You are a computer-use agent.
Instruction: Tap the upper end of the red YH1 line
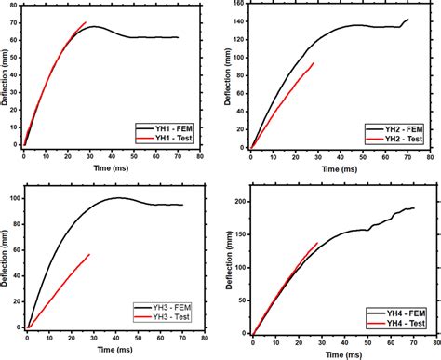86,22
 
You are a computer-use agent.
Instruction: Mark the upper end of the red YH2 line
314,63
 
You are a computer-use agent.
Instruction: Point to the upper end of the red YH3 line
89,254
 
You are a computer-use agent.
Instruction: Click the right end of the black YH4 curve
414,208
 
